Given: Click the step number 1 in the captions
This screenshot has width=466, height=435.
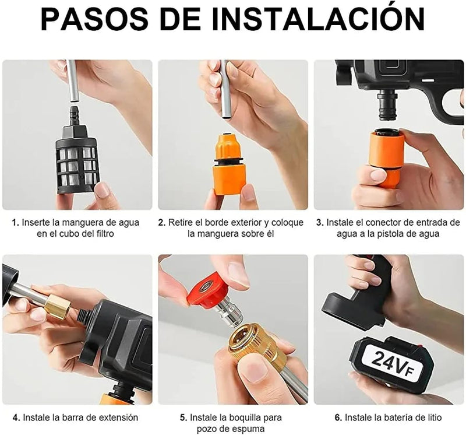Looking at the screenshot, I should click(x=16, y=223).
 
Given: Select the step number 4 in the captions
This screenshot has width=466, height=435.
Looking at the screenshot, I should click(x=17, y=418).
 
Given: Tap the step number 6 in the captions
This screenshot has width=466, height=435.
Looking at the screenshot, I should click(x=338, y=418).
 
